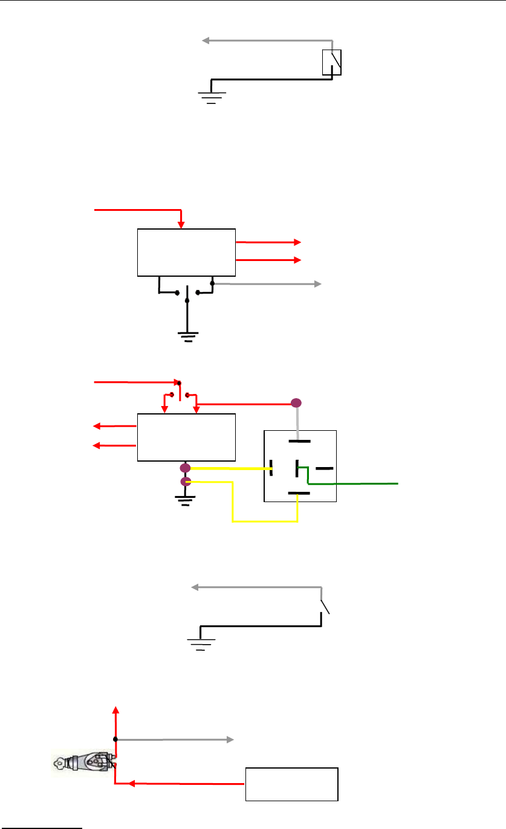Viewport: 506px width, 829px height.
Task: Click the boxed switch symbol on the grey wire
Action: click(x=332, y=62)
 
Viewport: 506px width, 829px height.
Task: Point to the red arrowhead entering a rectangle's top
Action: click(x=181, y=225)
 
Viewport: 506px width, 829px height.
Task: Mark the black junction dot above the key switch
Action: click(x=115, y=739)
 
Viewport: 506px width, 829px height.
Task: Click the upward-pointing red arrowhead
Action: click(x=116, y=708)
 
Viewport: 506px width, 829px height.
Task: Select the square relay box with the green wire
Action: click(x=300, y=466)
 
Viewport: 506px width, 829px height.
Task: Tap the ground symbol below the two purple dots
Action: click(x=185, y=499)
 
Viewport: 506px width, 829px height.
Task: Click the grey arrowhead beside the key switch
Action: click(x=230, y=739)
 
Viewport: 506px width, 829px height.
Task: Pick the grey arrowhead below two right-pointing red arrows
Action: click(x=318, y=283)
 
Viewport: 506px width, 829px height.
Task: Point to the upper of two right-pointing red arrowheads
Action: click(x=297, y=242)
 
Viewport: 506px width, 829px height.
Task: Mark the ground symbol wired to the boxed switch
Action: click(x=211, y=95)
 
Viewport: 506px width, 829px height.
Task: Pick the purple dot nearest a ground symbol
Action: click(x=186, y=482)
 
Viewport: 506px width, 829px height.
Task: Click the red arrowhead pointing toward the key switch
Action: click(x=130, y=784)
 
